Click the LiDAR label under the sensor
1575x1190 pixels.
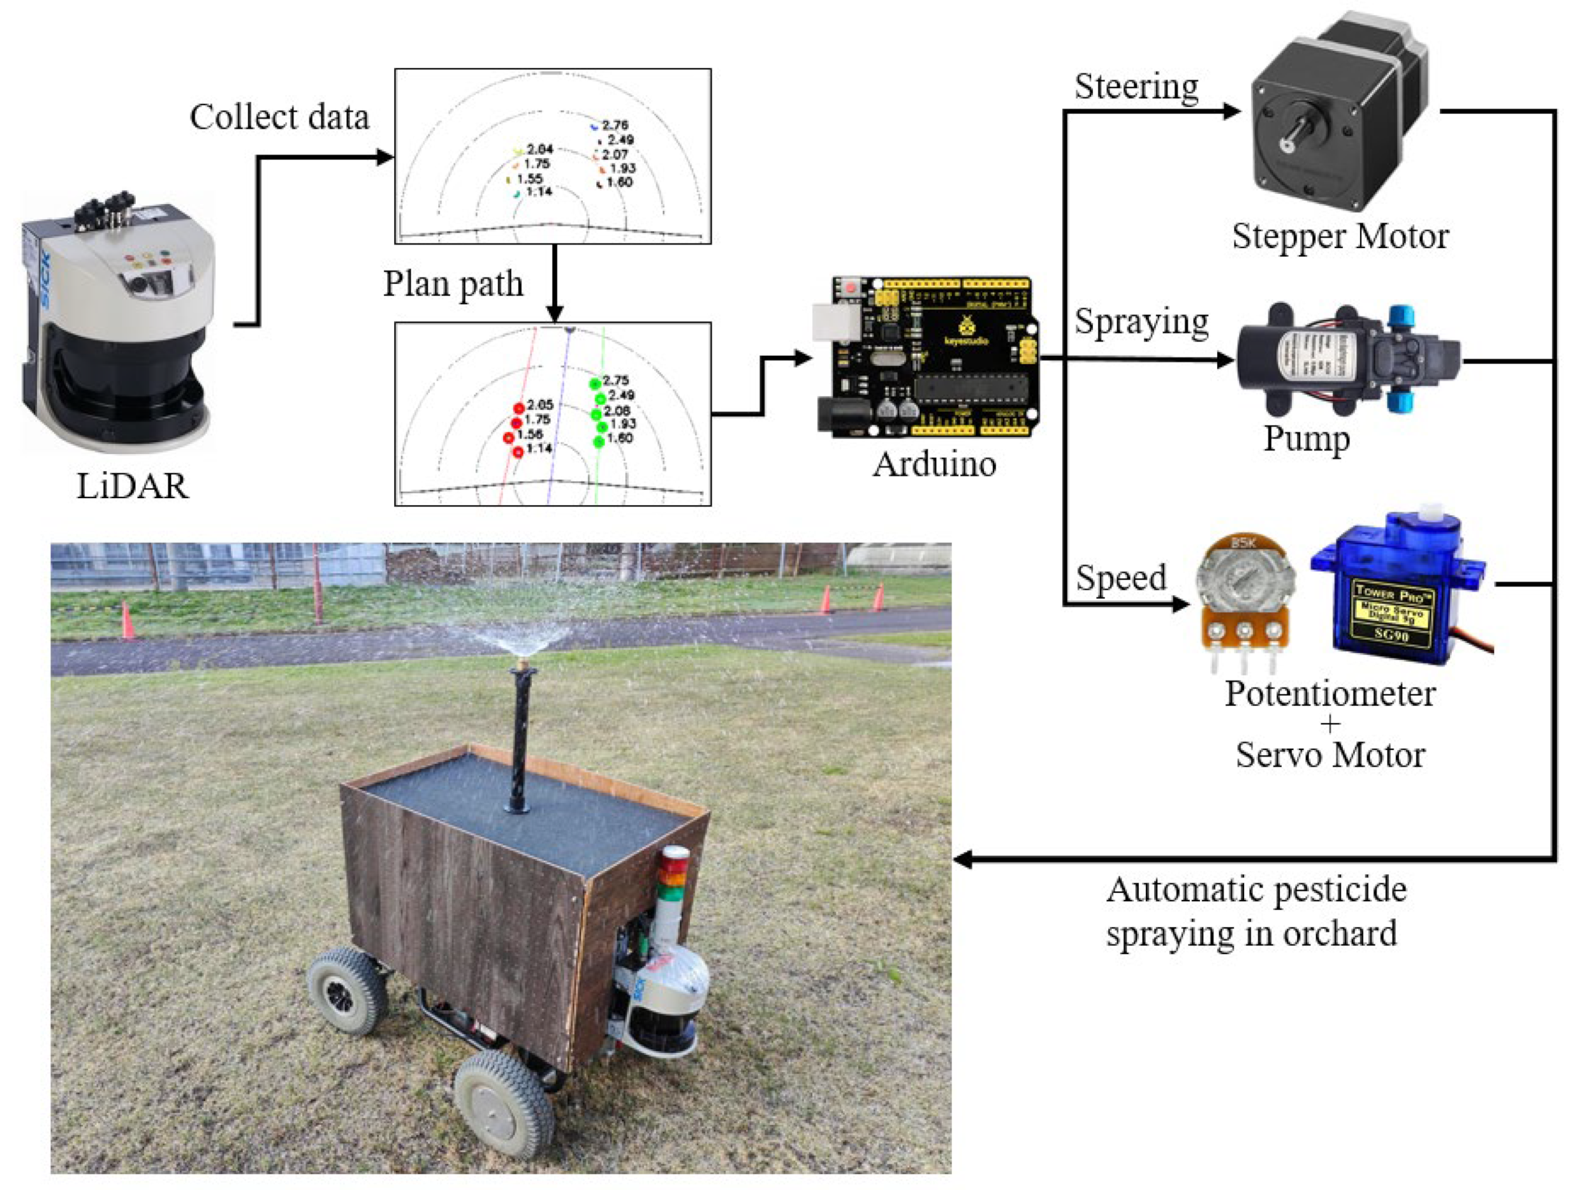pos(133,487)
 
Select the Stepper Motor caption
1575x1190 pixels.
pos(1340,237)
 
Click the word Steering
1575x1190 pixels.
pos(1136,87)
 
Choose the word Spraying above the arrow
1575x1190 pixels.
pos(1141,322)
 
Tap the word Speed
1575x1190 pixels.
pos(1121,578)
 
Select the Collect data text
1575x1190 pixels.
pos(279,117)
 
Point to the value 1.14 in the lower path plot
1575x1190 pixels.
pos(539,448)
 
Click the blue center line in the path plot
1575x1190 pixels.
pos(557,420)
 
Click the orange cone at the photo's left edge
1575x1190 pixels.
pos(128,621)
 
